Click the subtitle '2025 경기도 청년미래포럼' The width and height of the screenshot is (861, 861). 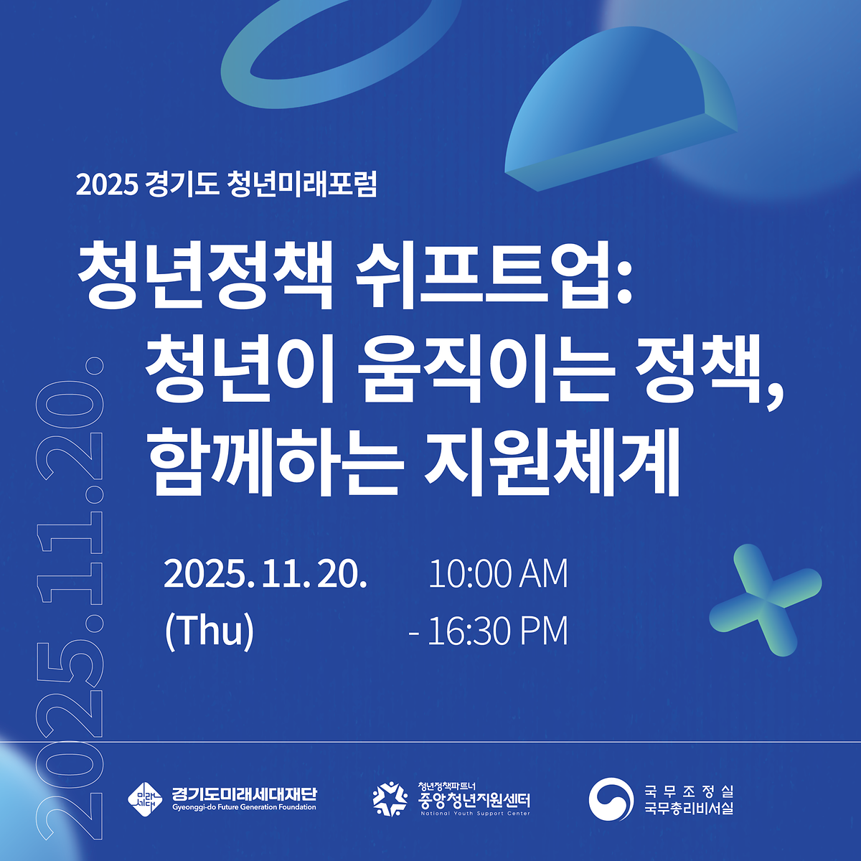226,185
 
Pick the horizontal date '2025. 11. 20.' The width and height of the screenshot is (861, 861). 265,574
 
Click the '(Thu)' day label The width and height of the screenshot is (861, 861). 210,631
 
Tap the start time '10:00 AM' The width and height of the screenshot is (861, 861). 498,574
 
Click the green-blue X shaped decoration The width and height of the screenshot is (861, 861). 765,600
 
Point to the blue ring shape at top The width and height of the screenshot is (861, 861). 338,51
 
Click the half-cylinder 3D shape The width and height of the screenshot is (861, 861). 617,115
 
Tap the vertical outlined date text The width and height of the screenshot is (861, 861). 72,596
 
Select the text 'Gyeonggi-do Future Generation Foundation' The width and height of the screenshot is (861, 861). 244,807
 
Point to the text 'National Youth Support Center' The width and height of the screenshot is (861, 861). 475,814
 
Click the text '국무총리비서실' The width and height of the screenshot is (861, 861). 688,809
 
